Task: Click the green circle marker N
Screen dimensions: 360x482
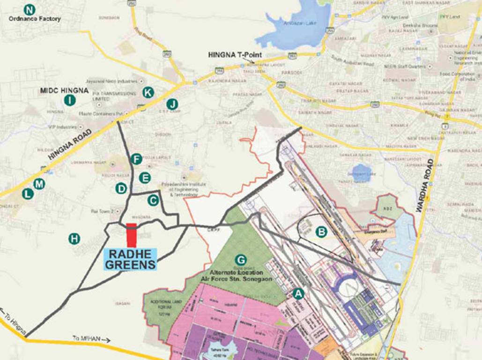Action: click(30, 9)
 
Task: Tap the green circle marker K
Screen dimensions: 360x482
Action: click(148, 92)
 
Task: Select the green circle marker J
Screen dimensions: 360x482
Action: click(172, 104)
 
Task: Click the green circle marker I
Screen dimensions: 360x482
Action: click(70, 100)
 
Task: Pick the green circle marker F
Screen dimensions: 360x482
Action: click(136, 159)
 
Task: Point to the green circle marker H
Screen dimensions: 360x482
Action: click(74, 239)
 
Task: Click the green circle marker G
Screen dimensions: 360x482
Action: click(241, 260)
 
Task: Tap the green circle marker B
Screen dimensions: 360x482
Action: click(321, 231)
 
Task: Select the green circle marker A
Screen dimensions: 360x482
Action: click(298, 293)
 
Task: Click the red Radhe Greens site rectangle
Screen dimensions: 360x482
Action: click(132, 235)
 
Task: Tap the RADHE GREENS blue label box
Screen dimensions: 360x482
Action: click(130, 259)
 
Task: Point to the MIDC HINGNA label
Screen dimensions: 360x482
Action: click(64, 90)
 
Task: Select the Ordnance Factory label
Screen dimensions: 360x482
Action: click(35, 19)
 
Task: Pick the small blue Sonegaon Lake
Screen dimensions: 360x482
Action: click(361, 173)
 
